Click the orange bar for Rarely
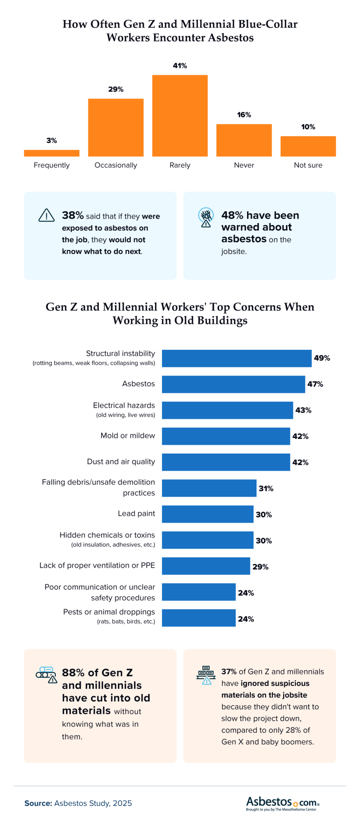(x=180, y=116)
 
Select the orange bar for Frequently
(x=51, y=153)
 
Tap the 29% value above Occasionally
(x=116, y=90)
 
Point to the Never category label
(x=244, y=165)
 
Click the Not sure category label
(x=308, y=165)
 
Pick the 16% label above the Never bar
(x=244, y=115)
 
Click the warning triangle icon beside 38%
(x=46, y=215)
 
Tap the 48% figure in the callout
(x=232, y=216)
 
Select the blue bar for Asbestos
(x=233, y=384)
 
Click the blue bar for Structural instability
(x=237, y=358)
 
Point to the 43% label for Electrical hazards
(x=303, y=411)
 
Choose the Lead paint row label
(x=136, y=514)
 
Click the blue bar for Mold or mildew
(x=226, y=436)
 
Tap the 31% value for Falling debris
(x=266, y=489)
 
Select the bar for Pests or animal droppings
(x=199, y=618)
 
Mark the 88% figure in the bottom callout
(x=73, y=673)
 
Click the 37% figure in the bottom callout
(x=229, y=672)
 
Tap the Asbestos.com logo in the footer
(x=283, y=803)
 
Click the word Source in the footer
(x=38, y=803)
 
